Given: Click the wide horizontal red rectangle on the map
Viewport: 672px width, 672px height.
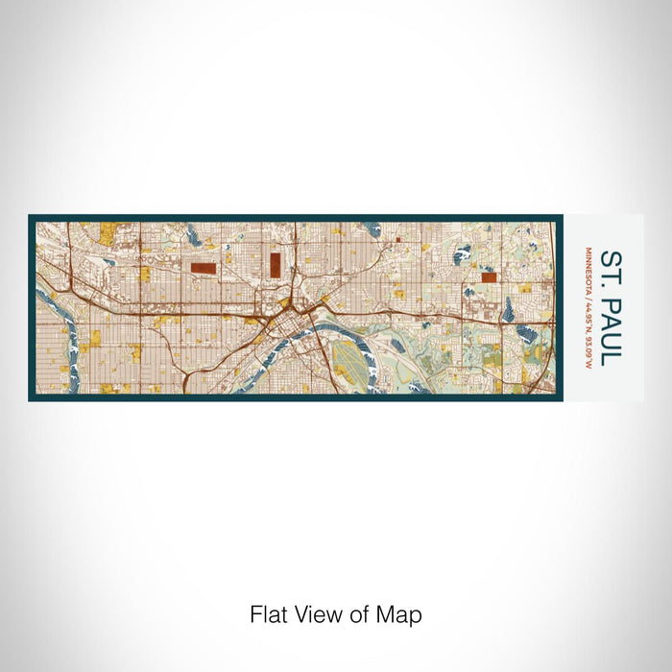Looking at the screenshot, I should (204, 268).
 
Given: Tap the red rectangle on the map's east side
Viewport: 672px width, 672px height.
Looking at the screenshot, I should (489, 276).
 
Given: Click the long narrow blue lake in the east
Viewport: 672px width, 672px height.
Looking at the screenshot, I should (508, 310).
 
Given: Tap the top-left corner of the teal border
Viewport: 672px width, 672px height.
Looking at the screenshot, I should (31, 217).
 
